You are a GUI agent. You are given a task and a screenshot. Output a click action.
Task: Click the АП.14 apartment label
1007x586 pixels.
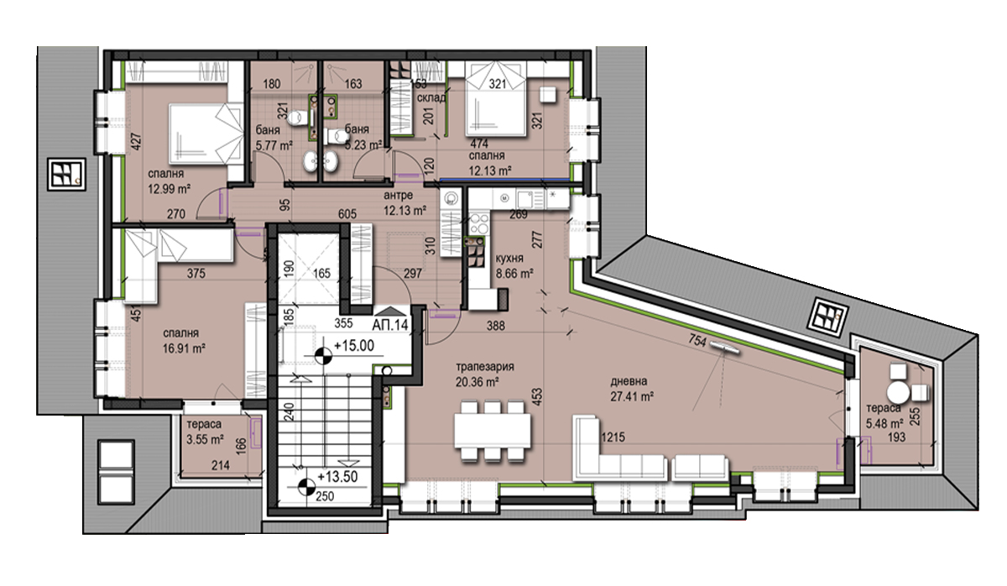tap(390, 325)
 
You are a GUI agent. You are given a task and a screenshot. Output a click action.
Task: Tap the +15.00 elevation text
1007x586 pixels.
tap(354, 346)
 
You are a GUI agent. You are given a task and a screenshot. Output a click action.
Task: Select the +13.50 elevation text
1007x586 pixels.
tap(337, 477)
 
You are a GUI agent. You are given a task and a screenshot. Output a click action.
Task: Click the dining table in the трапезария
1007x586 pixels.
tap(493, 431)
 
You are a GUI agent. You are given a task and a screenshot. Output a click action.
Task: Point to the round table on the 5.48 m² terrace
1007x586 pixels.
tap(898, 393)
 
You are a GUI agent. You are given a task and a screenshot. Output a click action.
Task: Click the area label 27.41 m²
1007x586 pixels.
tap(632, 396)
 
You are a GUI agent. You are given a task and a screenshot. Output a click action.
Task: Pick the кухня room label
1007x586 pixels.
tap(509, 258)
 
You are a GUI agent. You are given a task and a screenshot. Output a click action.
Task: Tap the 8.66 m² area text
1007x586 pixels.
tap(514, 273)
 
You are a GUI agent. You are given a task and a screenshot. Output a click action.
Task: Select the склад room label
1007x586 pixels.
tap(431, 98)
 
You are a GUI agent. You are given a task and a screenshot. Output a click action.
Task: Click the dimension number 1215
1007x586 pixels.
tap(613, 437)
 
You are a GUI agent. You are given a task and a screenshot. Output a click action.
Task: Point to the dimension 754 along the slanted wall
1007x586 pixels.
tap(697, 342)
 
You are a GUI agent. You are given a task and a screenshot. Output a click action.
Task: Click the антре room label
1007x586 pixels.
tap(399, 195)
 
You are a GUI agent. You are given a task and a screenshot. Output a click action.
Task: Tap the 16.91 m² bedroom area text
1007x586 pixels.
tap(185, 348)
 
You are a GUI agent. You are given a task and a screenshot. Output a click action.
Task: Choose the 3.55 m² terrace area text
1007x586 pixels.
tap(205, 439)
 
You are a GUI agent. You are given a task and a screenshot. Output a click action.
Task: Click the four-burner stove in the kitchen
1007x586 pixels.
tap(478, 223)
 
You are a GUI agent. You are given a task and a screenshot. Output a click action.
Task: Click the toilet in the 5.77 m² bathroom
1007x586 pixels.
tap(297, 118)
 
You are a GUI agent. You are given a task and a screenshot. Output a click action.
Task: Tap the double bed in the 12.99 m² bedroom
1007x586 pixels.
tap(206, 133)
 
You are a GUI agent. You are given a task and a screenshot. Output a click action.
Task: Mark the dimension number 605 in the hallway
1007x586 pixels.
tap(347, 214)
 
